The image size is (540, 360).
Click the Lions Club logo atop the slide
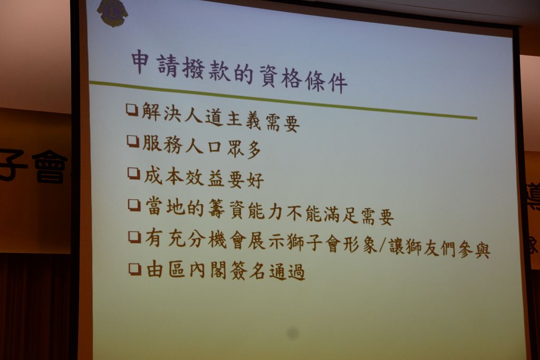point(112,13)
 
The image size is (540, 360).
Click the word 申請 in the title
point(155,64)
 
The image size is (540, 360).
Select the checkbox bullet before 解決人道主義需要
point(132,110)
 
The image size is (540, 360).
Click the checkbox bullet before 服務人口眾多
point(133,141)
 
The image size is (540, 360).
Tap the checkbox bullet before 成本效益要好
point(133,173)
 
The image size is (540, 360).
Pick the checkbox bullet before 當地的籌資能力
point(134,205)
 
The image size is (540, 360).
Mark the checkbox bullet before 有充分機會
point(134,237)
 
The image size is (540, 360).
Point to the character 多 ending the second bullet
point(254,150)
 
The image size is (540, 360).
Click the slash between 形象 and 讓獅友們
point(382,246)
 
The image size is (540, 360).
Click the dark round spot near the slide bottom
point(293,333)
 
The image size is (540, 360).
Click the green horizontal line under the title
point(283,100)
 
